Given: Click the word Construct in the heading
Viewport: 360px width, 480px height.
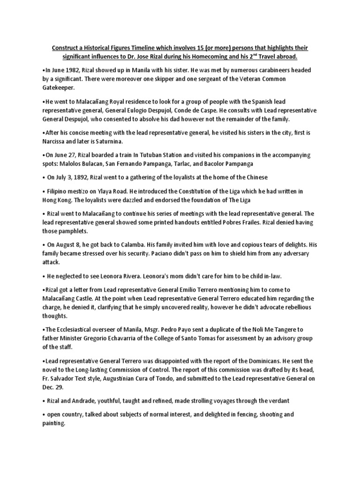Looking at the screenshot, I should click(x=67, y=49).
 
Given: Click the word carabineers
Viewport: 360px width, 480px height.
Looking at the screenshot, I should click(x=262, y=70).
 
